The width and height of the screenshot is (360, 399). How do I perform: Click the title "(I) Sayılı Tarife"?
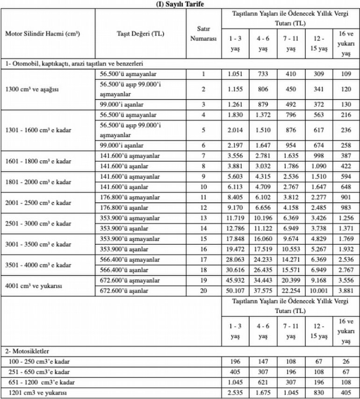click(x=180, y=4)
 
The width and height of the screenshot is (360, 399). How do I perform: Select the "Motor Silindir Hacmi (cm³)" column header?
click(x=42, y=34)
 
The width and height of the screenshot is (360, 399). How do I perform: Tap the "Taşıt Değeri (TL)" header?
click(x=140, y=34)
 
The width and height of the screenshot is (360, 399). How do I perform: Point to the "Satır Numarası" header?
click(x=203, y=34)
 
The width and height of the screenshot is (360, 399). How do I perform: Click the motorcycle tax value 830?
click(x=320, y=393)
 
